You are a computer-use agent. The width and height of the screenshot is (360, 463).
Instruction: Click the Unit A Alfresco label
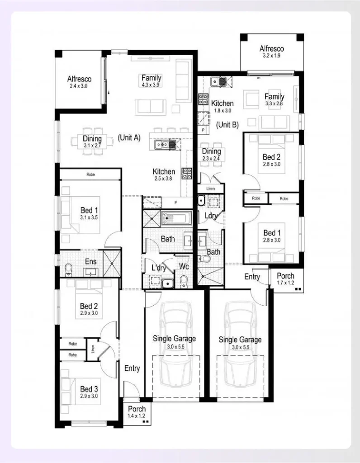pos(80,79)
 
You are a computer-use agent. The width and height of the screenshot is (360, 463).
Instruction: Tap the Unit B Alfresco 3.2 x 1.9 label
pos(271,52)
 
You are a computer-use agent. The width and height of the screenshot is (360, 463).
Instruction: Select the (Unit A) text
pos(129,138)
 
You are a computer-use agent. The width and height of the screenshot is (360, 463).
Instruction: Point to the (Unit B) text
pos(227,124)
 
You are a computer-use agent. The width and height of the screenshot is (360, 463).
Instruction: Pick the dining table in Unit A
pos(92,142)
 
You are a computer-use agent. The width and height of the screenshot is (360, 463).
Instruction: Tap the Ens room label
pos(90,261)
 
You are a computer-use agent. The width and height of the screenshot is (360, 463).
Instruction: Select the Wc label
pos(184,267)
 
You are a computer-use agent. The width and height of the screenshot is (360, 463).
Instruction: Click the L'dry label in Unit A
pos(158,268)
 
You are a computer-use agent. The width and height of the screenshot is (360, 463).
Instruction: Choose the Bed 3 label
pos(89,389)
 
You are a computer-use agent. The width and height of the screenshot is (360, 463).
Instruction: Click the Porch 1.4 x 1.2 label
pos(136,411)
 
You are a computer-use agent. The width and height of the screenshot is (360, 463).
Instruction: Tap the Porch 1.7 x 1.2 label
pos(285,279)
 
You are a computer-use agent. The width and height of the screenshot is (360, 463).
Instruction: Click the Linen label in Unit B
pos(210,188)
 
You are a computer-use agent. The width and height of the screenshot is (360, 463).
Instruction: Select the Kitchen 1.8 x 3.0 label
pos(223,106)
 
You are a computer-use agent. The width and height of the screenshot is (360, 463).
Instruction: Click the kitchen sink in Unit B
pos(222,82)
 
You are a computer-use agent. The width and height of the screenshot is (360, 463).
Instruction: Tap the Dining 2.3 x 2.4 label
pos(211,154)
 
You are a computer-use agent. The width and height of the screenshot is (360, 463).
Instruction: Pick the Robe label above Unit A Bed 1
pos(90,174)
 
